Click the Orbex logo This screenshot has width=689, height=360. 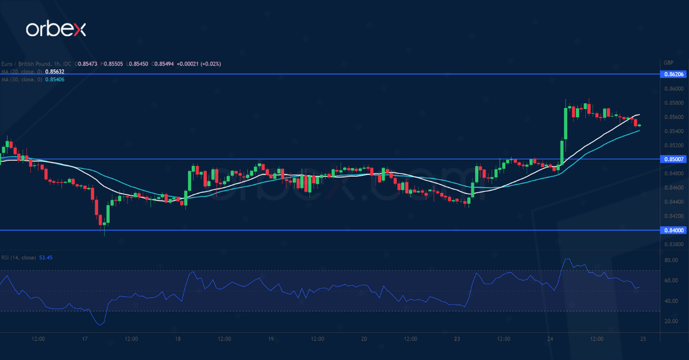pyautogui.click(x=56, y=29)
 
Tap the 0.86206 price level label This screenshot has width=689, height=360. pyautogui.click(x=673, y=74)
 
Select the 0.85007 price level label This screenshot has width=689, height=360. pyautogui.click(x=673, y=159)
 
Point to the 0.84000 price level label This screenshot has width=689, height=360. pyautogui.click(x=673, y=230)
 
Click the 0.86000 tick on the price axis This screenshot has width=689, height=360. pyautogui.click(x=673, y=89)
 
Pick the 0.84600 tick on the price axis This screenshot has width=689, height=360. pyautogui.click(x=673, y=188)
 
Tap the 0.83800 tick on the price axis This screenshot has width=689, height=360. pyautogui.click(x=673, y=244)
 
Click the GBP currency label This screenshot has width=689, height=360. pyautogui.click(x=668, y=63)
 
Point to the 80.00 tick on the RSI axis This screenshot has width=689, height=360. pyautogui.click(x=670, y=260)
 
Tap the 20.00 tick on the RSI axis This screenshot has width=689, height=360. pyautogui.click(x=670, y=321)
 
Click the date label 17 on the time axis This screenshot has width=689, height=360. pyautogui.click(x=84, y=339)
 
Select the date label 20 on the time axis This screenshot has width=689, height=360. pyautogui.click(x=364, y=339)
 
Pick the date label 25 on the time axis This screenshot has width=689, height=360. pyautogui.click(x=643, y=339)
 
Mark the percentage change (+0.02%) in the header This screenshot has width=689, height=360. pyautogui.click(x=211, y=64)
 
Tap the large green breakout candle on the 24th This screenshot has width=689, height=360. pyautogui.click(x=565, y=123)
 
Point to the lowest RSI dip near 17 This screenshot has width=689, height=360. pyautogui.click(x=102, y=325)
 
